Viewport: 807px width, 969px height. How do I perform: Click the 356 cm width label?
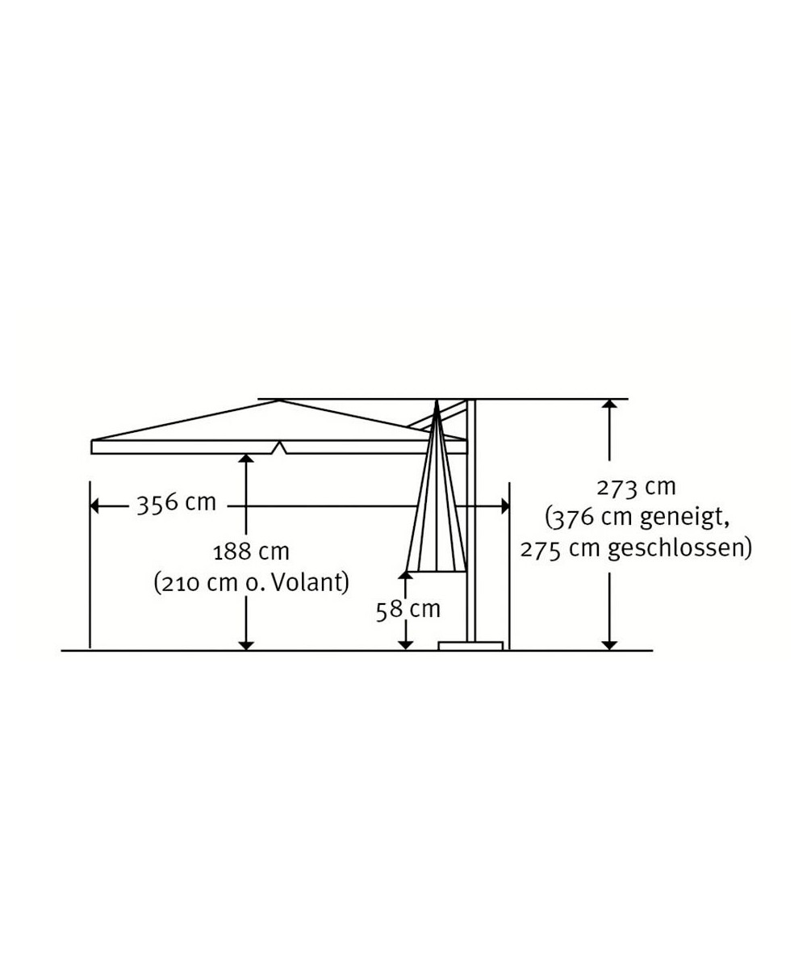[176, 504]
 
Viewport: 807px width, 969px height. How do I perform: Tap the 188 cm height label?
[251, 552]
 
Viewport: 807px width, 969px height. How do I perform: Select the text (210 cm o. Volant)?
[251, 582]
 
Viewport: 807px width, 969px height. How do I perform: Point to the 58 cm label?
[408, 610]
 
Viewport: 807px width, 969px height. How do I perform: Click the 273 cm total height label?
[636, 488]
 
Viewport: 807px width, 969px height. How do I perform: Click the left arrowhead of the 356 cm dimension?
[94, 506]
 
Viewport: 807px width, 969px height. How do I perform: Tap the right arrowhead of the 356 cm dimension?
[505, 506]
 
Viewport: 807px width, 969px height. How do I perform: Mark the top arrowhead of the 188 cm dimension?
[246, 459]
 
